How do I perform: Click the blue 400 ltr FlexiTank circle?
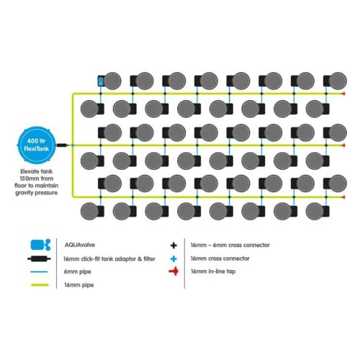pos(36,145)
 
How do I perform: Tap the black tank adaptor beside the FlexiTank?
pos(61,145)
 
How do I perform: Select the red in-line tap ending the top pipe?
pos(343,94)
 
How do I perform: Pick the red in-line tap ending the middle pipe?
pos(343,145)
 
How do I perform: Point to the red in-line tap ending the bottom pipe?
pos(343,197)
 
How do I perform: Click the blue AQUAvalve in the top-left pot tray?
pos(101,81)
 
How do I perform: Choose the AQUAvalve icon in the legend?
pos(40,245)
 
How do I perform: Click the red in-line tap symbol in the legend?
pos(174,271)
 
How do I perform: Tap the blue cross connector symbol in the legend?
pos(174,258)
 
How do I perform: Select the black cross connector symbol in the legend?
pos(174,246)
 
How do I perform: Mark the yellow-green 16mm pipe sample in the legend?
pos(40,285)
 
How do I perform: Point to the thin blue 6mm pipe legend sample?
pos(40,271)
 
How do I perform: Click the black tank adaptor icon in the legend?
pos(39,258)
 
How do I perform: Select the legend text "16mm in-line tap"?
pos(213,271)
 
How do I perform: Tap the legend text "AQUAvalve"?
pos(80,245)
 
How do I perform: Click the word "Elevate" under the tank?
pos(30,171)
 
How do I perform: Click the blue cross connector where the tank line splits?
pos(73,145)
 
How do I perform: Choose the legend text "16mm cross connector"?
pos(220,258)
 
